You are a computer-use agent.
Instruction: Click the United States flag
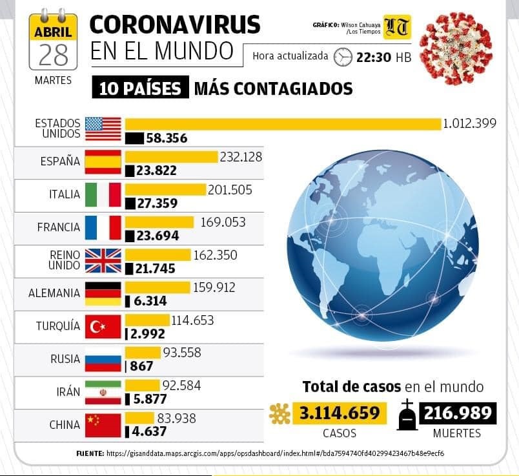[x=103, y=129]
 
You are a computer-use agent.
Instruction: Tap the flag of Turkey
[x=103, y=327]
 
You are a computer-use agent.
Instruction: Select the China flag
[x=103, y=424]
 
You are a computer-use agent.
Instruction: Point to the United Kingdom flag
[x=103, y=260]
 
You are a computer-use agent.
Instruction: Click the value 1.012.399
[x=469, y=123]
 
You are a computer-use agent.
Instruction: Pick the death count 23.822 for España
[x=156, y=171]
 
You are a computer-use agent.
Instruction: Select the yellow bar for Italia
[x=165, y=189]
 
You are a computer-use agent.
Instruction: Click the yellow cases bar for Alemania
[x=157, y=287]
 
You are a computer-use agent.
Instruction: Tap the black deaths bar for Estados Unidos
[x=134, y=138]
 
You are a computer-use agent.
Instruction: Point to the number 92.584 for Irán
[x=181, y=386]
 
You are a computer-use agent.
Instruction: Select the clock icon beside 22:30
[x=343, y=57]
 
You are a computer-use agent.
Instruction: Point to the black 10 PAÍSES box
[x=140, y=88]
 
